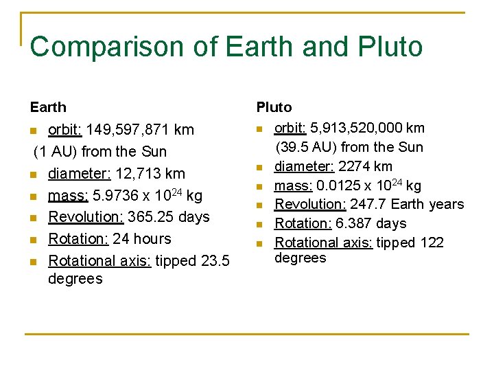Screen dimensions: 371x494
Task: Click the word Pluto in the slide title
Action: (x=390, y=46)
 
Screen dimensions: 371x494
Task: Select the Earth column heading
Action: (x=48, y=107)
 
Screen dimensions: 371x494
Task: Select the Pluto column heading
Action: (x=274, y=107)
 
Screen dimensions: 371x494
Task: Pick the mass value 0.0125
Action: (x=336, y=185)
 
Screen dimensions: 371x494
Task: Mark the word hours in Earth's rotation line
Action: (x=151, y=239)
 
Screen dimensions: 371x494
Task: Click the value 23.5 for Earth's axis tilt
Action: (x=216, y=261)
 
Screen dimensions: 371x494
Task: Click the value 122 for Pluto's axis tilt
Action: (x=432, y=243)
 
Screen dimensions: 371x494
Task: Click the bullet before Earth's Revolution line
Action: (x=34, y=218)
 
